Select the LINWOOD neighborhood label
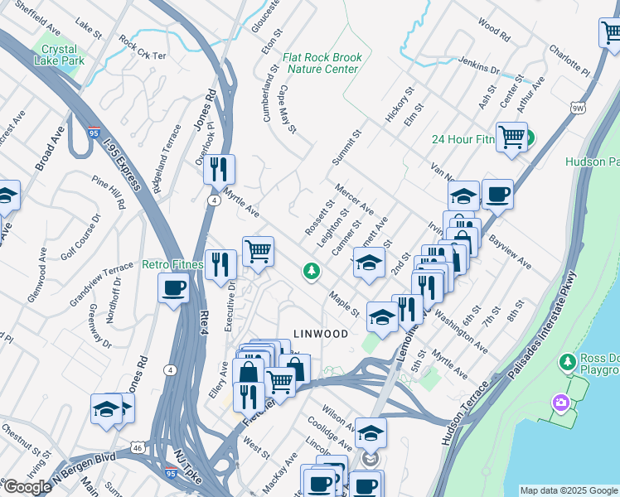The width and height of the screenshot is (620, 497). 319,334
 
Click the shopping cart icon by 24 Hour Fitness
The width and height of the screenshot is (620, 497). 511,136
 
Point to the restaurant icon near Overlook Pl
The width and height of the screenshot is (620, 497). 219,169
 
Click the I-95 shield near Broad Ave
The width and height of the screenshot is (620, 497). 95,133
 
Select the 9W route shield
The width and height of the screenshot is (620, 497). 579,108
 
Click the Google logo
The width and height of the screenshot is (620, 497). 27,487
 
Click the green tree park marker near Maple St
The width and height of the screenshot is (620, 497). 312,270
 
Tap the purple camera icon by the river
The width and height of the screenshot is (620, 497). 561,403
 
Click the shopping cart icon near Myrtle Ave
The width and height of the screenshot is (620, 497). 258,250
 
